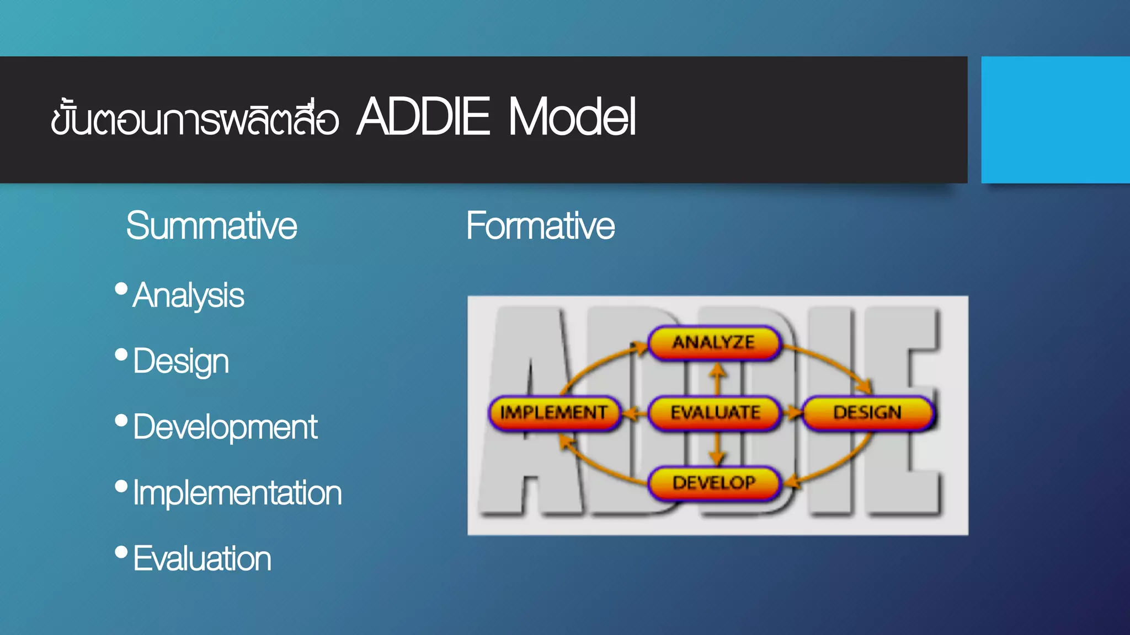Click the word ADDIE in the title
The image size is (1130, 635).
[x=423, y=117]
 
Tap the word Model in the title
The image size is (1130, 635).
[x=572, y=117]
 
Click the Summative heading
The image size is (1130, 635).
[x=211, y=226]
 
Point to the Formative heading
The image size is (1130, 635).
[x=540, y=226]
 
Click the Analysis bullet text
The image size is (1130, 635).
[x=188, y=295]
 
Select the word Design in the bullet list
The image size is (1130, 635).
[x=181, y=362]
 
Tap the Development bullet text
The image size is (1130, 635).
[x=225, y=427]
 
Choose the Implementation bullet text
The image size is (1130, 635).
[x=237, y=493]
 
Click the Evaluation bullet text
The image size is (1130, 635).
[x=202, y=558]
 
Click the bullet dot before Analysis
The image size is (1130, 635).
[x=121, y=288]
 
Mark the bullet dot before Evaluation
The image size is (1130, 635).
[x=121, y=552]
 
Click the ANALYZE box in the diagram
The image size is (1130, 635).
[x=714, y=343]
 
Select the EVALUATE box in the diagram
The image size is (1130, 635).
[x=715, y=412]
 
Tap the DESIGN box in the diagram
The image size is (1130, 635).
[x=867, y=412]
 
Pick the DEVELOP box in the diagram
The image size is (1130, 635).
[x=714, y=483]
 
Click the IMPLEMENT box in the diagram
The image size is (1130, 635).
[x=553, y=412]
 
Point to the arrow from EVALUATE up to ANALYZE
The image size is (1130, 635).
[x=717, y=379]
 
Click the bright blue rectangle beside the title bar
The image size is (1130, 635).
[x=1055, y=120]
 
